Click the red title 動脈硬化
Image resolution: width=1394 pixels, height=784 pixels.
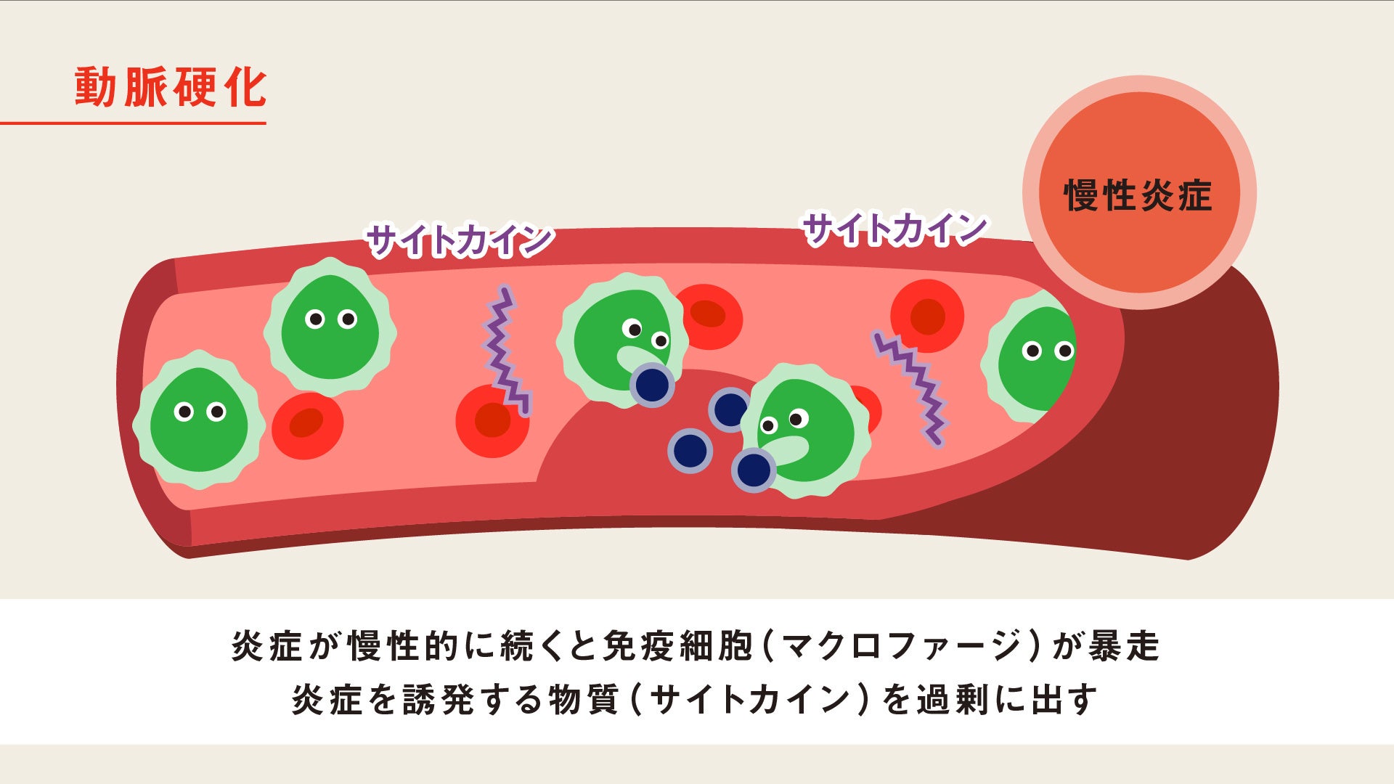tap(171, 88)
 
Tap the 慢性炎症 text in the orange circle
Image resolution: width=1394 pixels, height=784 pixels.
tap(1138, 195)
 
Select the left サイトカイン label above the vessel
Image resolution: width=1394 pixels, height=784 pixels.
tap(459, 240)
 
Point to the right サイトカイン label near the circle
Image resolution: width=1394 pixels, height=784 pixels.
tap(894, 229)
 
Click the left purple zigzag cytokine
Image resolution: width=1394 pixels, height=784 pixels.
tap(505, 350)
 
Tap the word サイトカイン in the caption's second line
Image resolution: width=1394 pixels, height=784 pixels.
tap(750, 699)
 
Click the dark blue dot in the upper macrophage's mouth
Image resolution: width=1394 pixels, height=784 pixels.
tap(652, 384)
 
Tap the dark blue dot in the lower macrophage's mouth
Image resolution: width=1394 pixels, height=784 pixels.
tap(753, 470)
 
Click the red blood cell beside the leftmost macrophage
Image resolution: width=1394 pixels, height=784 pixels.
tap(307, 425)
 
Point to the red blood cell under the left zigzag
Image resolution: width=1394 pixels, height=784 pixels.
tap(492, 421)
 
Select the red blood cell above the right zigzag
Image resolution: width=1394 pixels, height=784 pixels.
tap(927, 316)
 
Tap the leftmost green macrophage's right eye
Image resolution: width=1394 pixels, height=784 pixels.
tap(216, 412)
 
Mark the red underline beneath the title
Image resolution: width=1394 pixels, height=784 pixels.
tap(133, 123)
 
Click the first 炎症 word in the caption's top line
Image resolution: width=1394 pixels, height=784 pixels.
tap(266, 645)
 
